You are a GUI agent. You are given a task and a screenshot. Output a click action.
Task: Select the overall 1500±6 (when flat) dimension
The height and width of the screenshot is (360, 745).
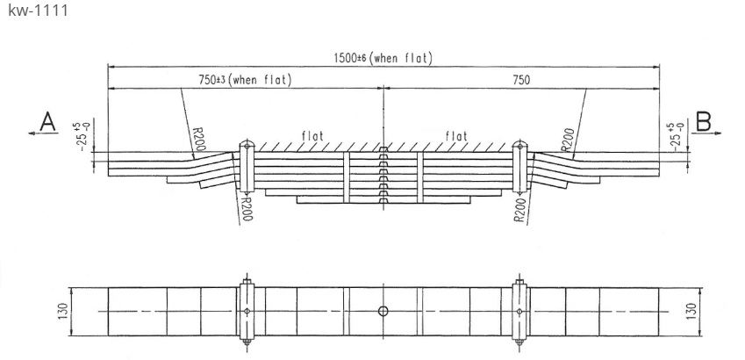coord(383,59)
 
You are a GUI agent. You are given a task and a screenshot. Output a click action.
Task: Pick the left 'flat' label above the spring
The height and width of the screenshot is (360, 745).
coord(310,136)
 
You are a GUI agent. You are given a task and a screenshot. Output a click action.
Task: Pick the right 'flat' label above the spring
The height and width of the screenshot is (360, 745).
coord(456,136)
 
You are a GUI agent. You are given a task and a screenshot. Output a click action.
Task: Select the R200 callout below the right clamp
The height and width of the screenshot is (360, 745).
coord(521,209)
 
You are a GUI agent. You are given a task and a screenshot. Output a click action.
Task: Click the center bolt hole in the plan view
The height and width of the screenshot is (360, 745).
coord(383,311)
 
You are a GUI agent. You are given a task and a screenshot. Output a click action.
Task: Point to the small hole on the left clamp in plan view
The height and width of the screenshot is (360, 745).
coord(247,311)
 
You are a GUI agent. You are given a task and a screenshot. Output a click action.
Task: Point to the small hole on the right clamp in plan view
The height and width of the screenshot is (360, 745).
coord(519,311)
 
